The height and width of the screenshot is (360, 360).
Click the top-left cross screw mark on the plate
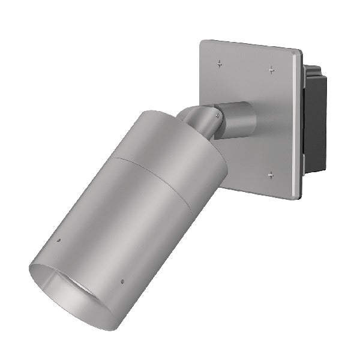pyautogui.click(x=220, y=62)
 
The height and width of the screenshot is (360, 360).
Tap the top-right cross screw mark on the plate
pyautogui.click(x=271, y=70)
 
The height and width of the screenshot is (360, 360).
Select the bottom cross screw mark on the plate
pyautogui.click(x=271, y=175)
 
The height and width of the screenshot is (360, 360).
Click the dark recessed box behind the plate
pyautogui.click(x=315, y=120)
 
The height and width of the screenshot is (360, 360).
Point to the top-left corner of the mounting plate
pyautogui.click(x=202, y=42)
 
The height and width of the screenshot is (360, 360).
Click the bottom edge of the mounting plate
pyautogui.click(x=258, y=193)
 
